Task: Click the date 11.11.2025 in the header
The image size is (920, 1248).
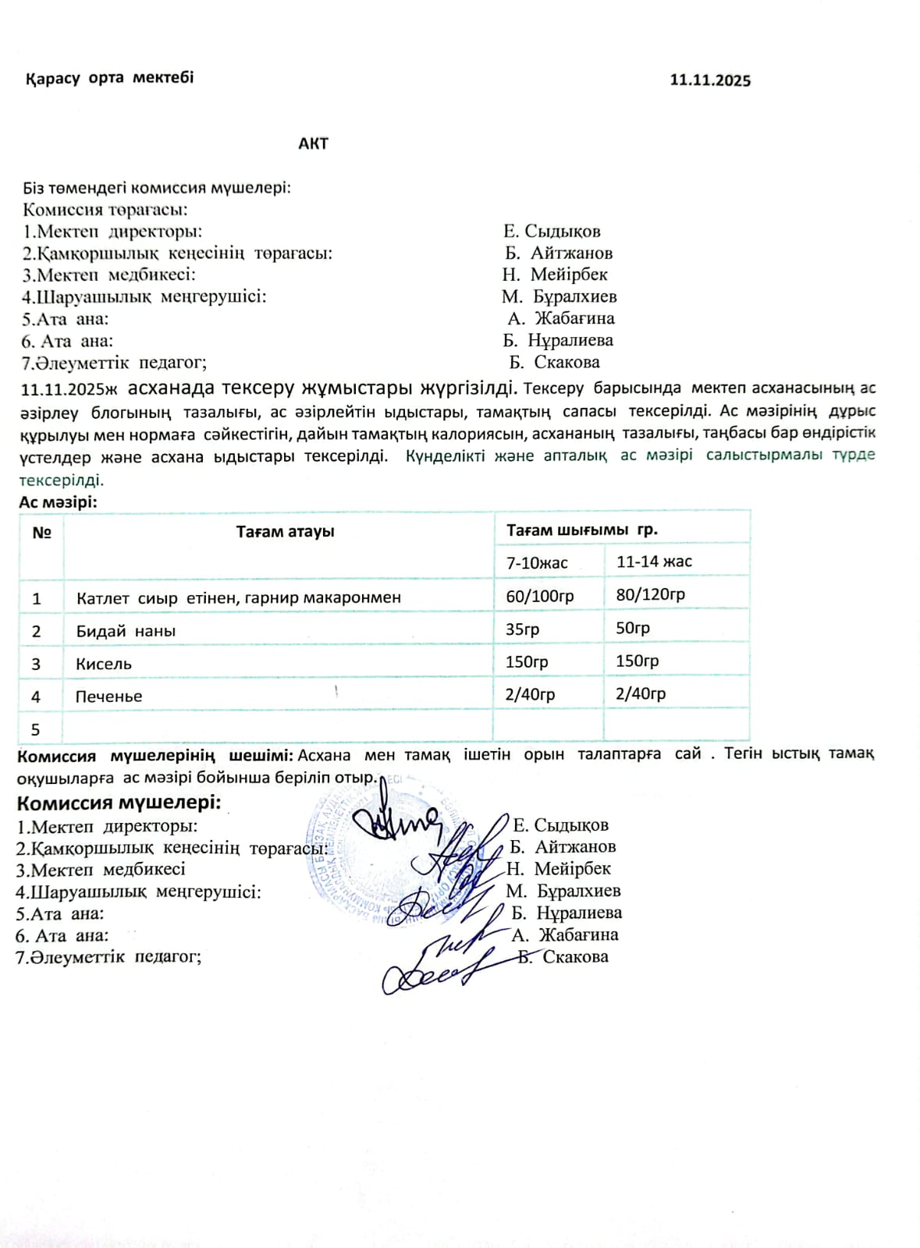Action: (710, 80)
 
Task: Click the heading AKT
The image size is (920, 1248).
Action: (313, 144)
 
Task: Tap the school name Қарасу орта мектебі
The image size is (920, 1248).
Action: (110, 78)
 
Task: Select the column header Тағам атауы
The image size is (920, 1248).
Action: (286, 532)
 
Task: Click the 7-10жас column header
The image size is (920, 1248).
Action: (537, 562)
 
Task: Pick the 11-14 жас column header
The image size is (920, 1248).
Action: (654, 562)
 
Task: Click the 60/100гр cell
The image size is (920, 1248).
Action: (540, 596)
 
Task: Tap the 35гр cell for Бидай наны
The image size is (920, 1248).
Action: (522, 629)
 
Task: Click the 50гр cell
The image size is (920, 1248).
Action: (633, 628)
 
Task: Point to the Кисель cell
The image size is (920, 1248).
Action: (104, 664)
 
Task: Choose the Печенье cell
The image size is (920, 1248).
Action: (108, 697)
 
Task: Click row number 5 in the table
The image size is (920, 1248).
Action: (35, 729)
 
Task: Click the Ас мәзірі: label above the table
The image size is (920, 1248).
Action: (59, 503)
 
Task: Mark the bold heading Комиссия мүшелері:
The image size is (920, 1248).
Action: (119, 803)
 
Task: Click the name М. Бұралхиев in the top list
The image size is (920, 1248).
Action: (559, 296)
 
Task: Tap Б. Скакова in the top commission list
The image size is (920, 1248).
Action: (555, 362)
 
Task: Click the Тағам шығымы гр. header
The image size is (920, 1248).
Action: (582, 530)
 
